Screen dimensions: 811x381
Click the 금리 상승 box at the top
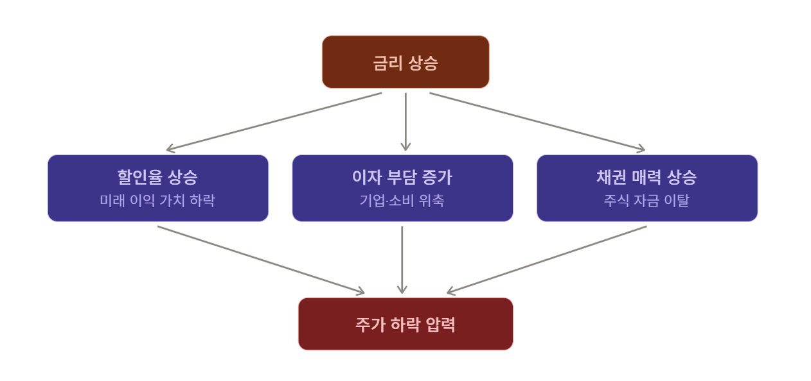(x=406, y=62)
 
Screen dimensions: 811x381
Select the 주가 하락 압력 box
(x=406, y=324)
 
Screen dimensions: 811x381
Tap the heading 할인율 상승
(x=157, y=177)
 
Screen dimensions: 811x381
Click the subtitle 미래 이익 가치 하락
(x=157, y=200)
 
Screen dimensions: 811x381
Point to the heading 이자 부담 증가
(x=402, y=177)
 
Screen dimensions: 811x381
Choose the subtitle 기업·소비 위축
(x=402, y=200)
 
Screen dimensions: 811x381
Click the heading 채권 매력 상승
(x=646, y=177)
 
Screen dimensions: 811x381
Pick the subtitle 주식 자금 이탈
(x=646, y=200)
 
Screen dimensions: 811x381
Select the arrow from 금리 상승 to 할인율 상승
(x=274, y=121)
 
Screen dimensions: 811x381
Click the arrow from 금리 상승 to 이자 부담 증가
(x=406, y=121)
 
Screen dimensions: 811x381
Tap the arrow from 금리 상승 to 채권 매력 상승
(x=537, y=121)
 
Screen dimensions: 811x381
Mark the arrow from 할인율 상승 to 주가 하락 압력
(x=261, y=260)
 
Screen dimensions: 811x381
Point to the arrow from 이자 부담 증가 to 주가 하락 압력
(x=402, y=260)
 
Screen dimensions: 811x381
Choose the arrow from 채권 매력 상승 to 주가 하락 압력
(x=547, y=260)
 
